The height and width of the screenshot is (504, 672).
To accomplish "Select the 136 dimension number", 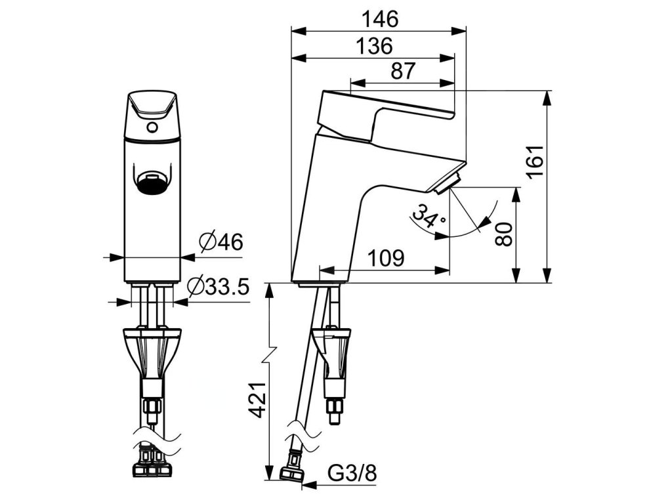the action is click(x=374, y=46).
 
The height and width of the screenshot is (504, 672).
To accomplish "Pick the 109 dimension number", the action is click(x=385, y=258).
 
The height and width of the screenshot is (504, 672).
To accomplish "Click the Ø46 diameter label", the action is click(x=220, y=243).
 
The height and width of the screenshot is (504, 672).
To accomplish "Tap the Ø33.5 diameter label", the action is click(x=219, y=287).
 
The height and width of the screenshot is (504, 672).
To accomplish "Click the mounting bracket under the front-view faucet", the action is click(x=151, y=351).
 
